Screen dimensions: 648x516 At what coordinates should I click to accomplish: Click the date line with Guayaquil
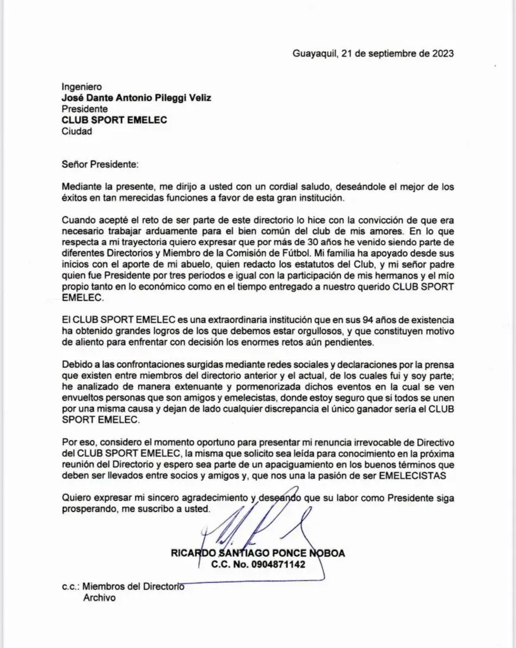click(x=373, y=53)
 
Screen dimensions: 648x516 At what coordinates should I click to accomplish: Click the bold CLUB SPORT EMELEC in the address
click(x=114, y=120)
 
